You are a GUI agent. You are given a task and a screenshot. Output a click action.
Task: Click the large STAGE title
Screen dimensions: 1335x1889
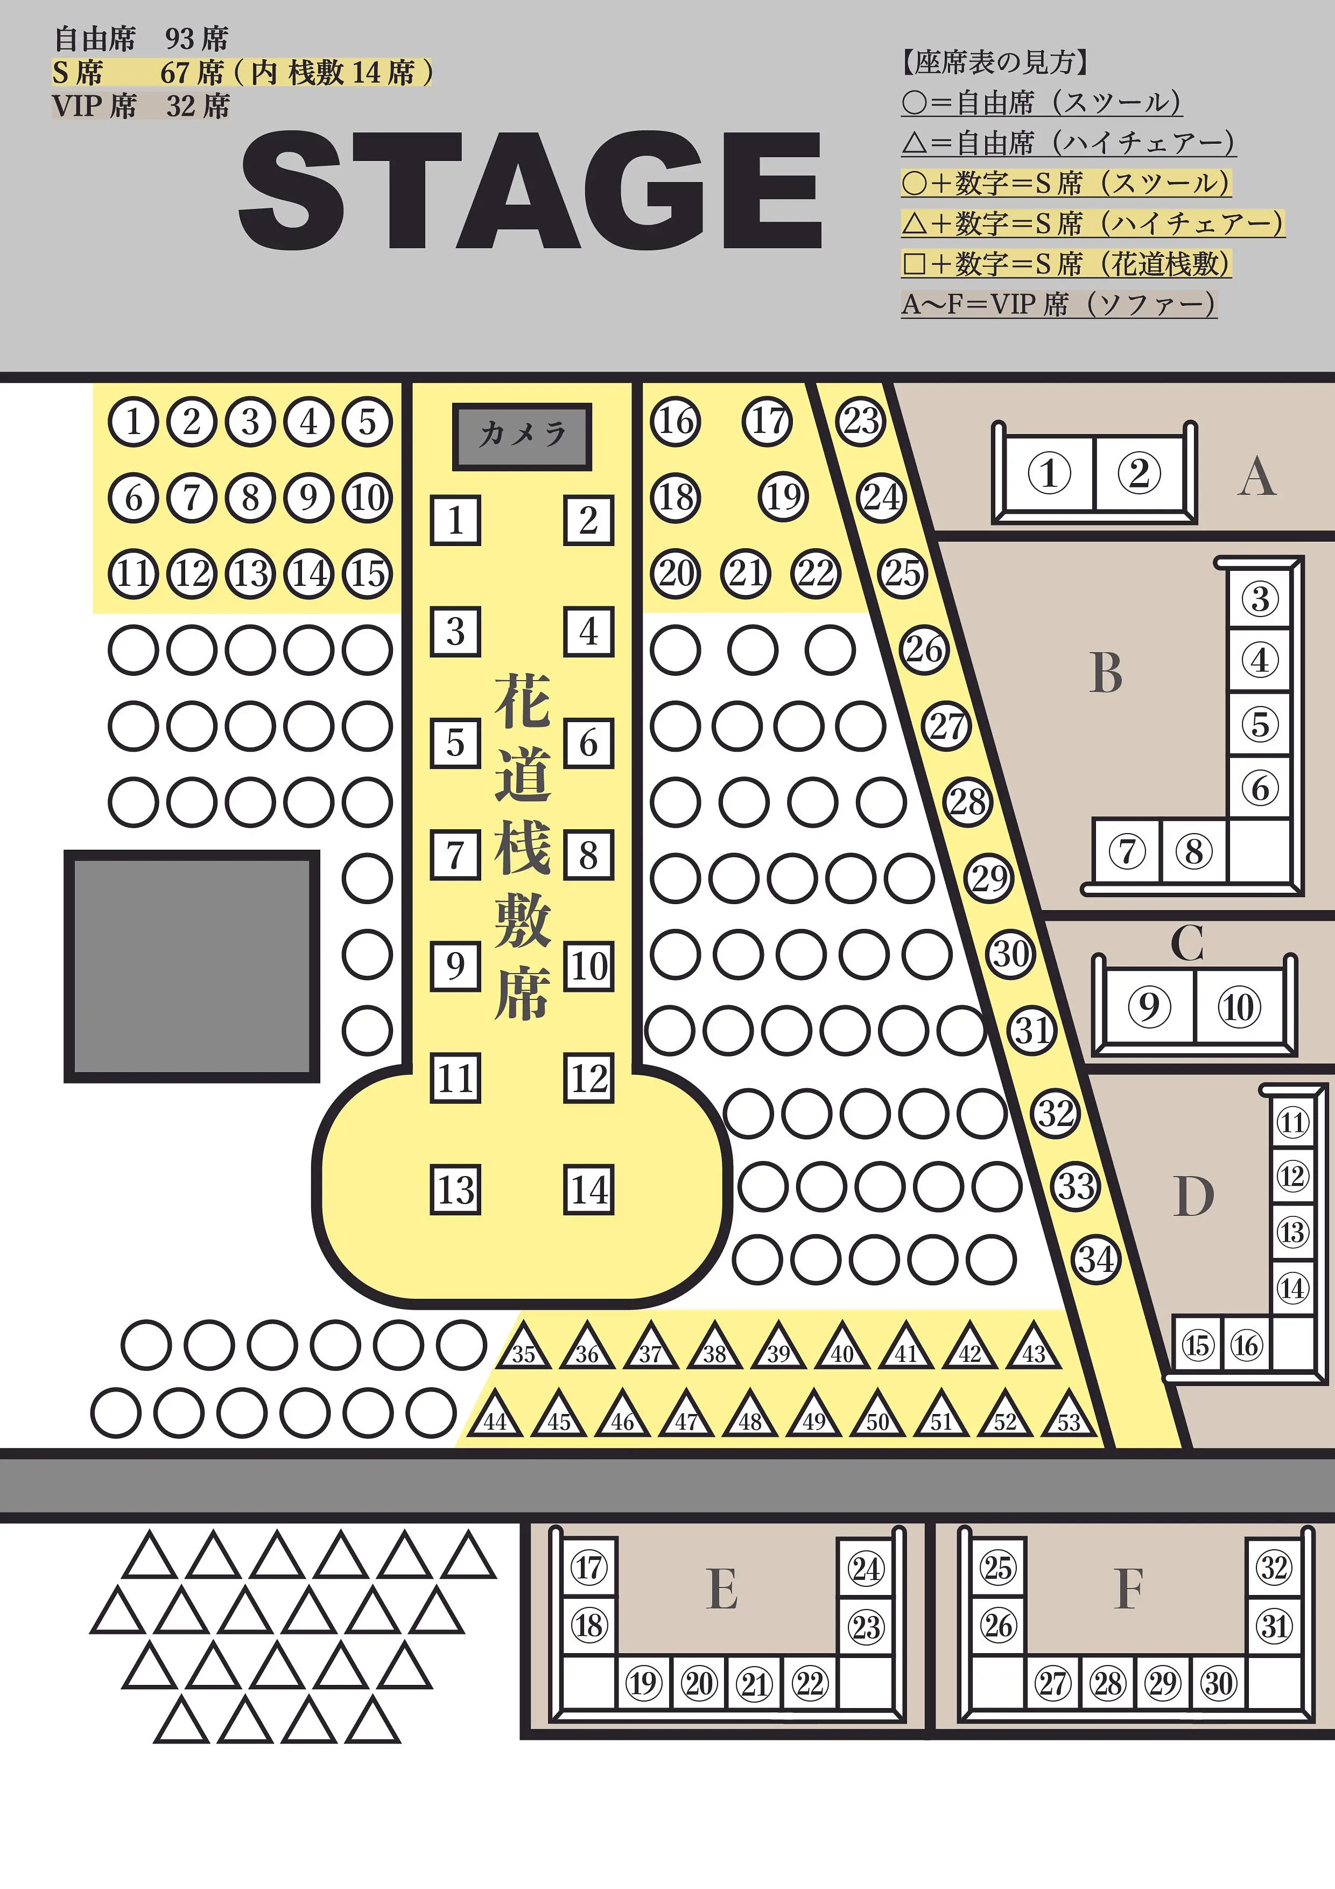coord(531,190)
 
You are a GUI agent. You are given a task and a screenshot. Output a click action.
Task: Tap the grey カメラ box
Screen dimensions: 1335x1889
coord(522,436)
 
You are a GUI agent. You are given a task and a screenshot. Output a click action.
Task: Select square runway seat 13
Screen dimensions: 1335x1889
coord(456,1189)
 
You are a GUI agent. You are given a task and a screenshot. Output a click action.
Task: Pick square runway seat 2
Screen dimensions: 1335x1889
coord(588,520)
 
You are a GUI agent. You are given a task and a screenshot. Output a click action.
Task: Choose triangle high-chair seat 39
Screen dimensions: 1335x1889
coord(779,1346)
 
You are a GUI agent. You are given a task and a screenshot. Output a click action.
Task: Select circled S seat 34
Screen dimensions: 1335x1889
coord(1097,1260)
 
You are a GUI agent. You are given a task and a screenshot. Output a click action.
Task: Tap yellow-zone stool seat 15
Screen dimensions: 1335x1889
coord(367,573)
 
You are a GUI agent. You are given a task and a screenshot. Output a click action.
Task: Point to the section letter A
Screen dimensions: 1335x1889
coord(1257,477)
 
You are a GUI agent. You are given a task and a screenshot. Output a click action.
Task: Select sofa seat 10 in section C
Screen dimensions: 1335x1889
coord(1239,1006)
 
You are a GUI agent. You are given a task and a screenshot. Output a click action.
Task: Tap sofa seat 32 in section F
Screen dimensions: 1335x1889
coord(1274,1568)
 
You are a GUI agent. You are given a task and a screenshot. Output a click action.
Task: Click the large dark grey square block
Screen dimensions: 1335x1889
coord(192,966)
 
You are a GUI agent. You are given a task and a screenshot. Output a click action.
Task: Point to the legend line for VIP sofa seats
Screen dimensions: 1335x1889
coord(1059,304)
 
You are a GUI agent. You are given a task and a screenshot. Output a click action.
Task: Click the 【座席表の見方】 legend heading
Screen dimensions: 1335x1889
coord(995,62)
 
